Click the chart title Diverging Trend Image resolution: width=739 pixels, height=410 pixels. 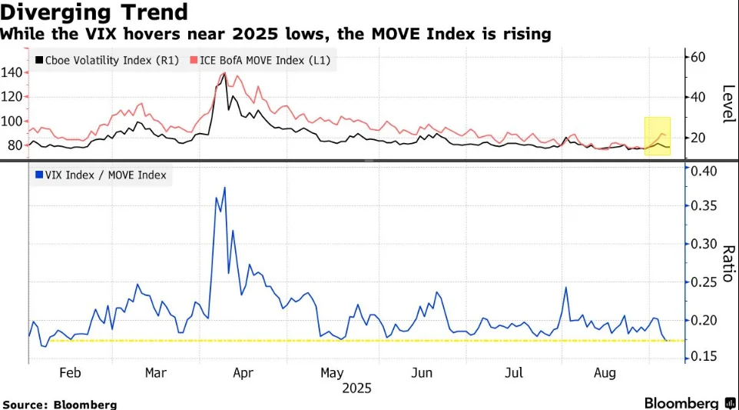coord(94,12)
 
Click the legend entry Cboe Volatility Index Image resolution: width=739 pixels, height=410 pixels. coord(98,59)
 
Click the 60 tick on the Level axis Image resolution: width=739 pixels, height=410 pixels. coord(698,57)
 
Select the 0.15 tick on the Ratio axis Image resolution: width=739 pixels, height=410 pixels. coord(701,357)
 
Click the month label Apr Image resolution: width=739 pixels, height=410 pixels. coord(243,373)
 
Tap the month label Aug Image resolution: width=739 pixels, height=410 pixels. coord(605,373)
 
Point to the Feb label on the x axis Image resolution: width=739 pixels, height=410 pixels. coord(70,373)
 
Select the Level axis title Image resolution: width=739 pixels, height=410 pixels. coord(728,103)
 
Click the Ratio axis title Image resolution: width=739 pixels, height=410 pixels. coord(728,263)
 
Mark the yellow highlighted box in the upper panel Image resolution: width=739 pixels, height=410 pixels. coord(657,135)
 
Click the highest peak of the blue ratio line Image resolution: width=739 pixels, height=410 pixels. coord(224,187)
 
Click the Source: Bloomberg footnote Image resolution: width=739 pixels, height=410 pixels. coord(60,404)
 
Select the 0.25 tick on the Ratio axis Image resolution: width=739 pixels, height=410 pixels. coord(701,282)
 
